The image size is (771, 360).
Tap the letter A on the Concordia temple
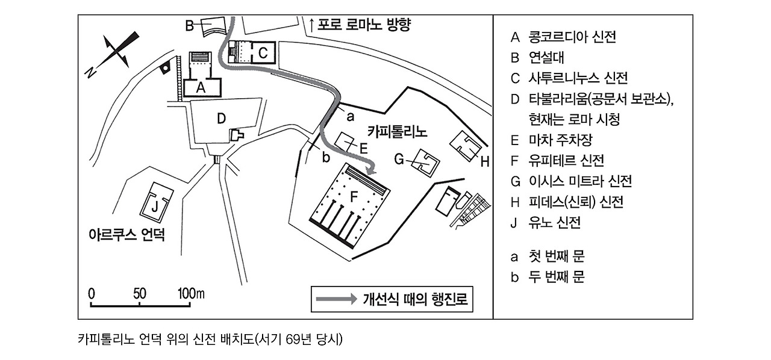click(x=202, y=87)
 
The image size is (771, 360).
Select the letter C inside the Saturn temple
click(x=263, y=53)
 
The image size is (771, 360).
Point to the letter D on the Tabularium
click(x=222, y=119)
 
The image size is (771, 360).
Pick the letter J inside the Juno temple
click(x=155, y=206)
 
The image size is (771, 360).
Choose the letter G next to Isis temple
click(x=399, y=159)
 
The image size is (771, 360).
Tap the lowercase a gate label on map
click(x=350, y=113)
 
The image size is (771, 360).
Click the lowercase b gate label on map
click(x=326, y=158)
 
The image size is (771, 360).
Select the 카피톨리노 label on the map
click(x=397, y=131)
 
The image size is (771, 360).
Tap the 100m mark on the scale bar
click(x=191, y=294)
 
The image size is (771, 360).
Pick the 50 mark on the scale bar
click(x=140, y=294)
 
